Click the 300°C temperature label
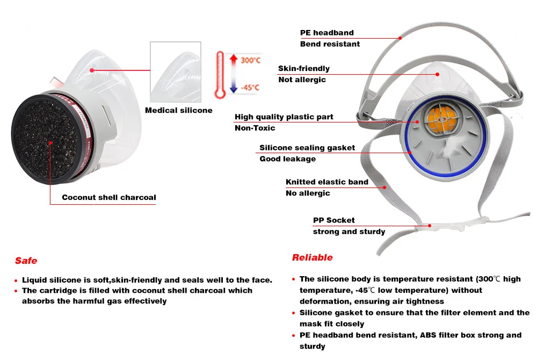click(x=250, y=60)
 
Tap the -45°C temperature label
click(x=250, y=88)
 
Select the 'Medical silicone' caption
click(x=179, y=111)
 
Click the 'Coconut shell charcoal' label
click(x=108, y=197)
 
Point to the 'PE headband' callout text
click(x=326, y=33)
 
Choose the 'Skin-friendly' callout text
click(x=304, y=68)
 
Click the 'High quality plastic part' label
click(x=284, y=117)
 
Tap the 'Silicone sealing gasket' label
click(x=307, y=148)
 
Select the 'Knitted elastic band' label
click(x=326, y=182)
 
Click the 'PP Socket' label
click(x=333, y=220)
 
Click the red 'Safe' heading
click(x=26, y=261)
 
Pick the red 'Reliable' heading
click(x=312, y=257)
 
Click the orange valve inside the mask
click(x=441, y=118)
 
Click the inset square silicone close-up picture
click(x=176, y=73)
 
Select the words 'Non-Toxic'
click(x=255, y=128)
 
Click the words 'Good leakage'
click(x=287, y=159)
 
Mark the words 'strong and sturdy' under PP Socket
click(x=349, y=232)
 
